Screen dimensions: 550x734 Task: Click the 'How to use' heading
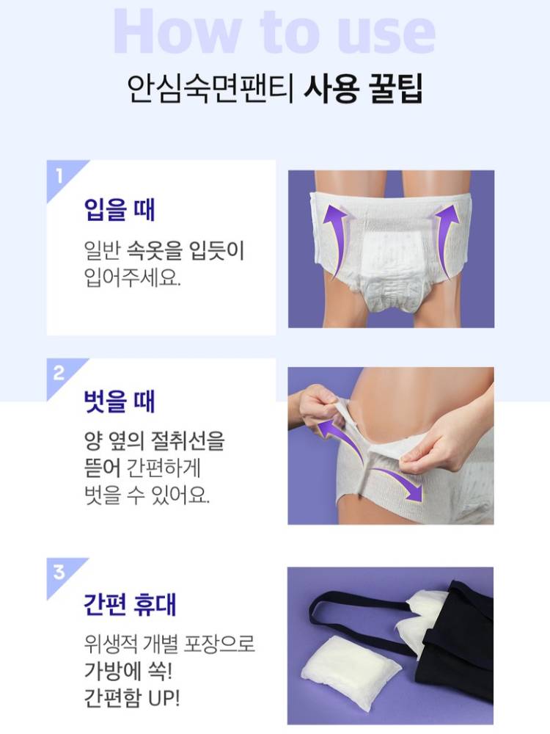[x=274, y=32]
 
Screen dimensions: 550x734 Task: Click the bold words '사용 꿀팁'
[x=364, y=88]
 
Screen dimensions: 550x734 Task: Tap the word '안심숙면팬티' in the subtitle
[x=210, y=88]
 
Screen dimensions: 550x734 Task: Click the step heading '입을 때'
[x=120, y=209]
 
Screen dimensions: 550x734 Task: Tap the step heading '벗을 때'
[x=120, y=401]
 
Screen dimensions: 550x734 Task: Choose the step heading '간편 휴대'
[x=130, y=604]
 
